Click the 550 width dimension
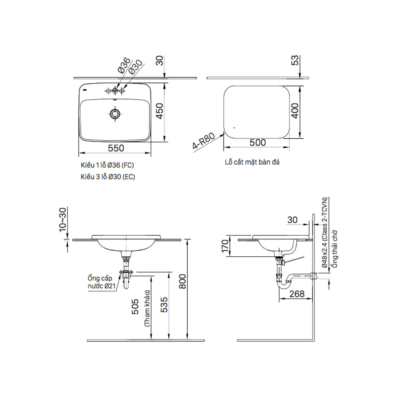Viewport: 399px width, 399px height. tap(116, 148)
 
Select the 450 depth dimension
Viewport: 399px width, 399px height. tap(160, 111)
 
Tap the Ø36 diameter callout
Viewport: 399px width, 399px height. tap(124, 65)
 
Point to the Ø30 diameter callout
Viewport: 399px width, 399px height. tap(135, 67)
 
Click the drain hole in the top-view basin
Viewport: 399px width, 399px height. tap(115, 114)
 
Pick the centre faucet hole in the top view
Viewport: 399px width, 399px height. tap(115, 91)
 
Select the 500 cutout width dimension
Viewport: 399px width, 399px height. tap(258, 143)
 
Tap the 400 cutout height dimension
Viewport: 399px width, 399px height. tap(295, 111)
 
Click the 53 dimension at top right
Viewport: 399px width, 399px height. tap(295, 60)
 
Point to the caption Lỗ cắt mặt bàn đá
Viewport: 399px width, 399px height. tap(252, 162)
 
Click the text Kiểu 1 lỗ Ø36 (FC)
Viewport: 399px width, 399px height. tap(107, 165)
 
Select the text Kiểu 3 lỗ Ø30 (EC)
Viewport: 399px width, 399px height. tap(108, 177)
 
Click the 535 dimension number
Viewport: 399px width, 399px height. tap(164, 305)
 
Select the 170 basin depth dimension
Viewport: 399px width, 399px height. tap(225, 246)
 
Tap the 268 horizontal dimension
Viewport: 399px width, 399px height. tap(297, 294)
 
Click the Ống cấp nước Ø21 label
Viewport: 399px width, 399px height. tap(100, 282)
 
